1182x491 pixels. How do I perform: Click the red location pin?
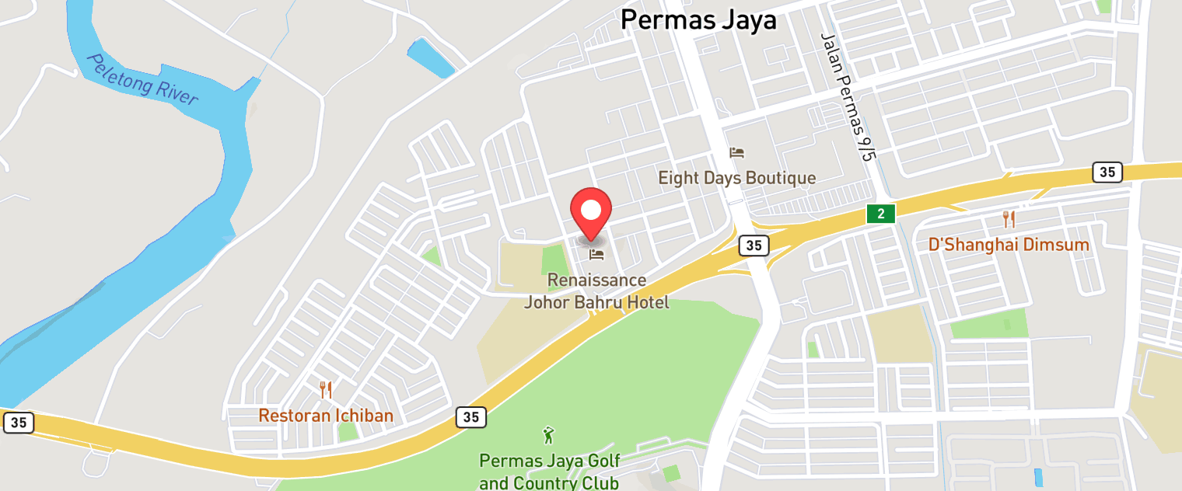pyautogui.click(x=591, y=211)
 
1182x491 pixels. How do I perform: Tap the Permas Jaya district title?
pyautogui.click(x=698, y=20)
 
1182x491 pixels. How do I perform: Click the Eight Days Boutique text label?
pyautogui.click(x=736, y=178)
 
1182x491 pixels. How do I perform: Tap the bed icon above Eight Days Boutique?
pyautogui.click(x=736, y=152)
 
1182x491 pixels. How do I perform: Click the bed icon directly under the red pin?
pyautogui.click(x=596, y=254)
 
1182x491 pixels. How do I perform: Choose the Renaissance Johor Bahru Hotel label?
pyautogui.click(x=596, y=291)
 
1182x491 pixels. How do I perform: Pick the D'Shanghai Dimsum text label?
pyautogui.click(x=1009, y=245)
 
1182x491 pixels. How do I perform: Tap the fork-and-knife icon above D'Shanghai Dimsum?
pyautogui.click(x=1009, y=218)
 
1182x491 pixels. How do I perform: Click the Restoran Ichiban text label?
pyautogui.click(x=326, y=416)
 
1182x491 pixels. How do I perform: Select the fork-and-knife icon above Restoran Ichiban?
pyautogui.click(x=326, y=389)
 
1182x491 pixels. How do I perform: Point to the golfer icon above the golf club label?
pyautogui.click(x=549, y=435)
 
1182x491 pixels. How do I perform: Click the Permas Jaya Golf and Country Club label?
pyautogui.click(x=549, y=472)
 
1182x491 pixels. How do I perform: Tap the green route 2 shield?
pyautogui.click(x=882, y=213)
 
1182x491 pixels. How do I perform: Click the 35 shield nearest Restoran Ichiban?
pyautogui.click(x=470, y=417)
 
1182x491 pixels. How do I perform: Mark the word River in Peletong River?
pyautogui.click(x=177, y=92)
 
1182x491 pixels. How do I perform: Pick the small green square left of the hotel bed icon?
pyautogui.click(x=553, y=259)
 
